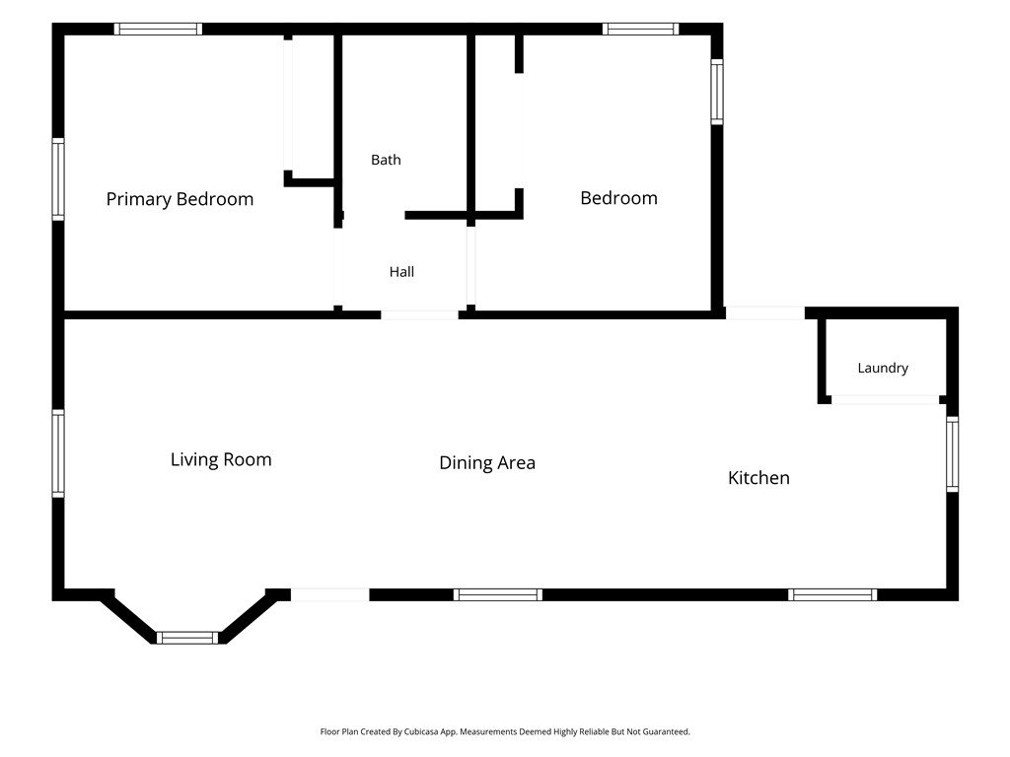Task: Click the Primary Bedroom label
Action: click(x=180, y=199)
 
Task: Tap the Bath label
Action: click(x=386, y=160)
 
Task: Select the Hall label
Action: click(x=401, y=272)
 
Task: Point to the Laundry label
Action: click(x=883, y=369)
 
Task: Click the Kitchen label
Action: click(x=758, y=478)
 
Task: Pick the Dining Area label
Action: click(x=487, y=463)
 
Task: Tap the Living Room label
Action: click(x=221, y=459)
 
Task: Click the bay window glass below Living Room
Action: click(x=187, y=638)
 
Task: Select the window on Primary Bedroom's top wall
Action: click(x=159, y=29)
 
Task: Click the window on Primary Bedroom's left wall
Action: click(x=58, y=179)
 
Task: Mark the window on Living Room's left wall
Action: click(x=58, y=453)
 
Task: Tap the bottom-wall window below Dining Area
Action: click(x=498, y=594)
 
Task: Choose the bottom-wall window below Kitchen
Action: click(x=832, y=594)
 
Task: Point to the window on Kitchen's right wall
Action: click(x=952, y=453)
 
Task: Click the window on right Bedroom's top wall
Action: click(x=640, y=29)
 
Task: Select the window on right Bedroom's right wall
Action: click(x=717, y=92)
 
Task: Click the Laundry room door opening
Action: click(x=885, y=400)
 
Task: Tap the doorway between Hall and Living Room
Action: click(x=419, y=314)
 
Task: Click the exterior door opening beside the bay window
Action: click(x=330, y=594)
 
